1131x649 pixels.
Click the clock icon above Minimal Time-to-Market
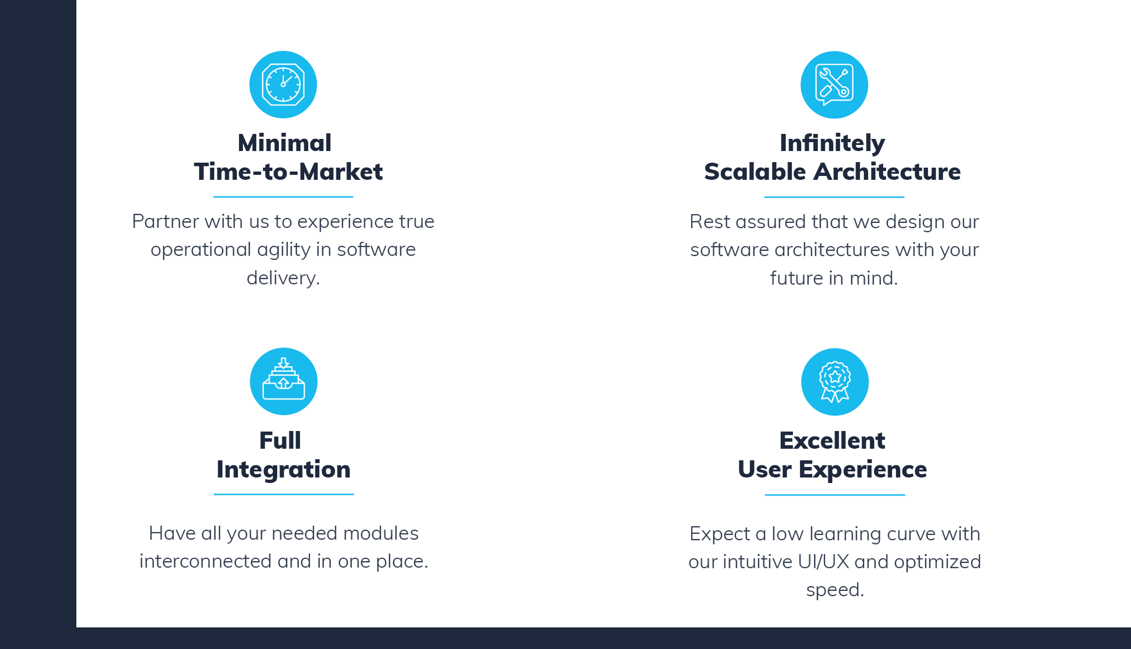point(283,85)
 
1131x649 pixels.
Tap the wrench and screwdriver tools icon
point(834,85)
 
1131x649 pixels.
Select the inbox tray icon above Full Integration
point(284,381)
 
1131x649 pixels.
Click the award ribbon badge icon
point(835,382)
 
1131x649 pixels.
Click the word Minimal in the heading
point(284,143)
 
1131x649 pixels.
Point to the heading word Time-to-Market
point(288,172)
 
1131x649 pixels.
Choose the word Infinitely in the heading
point(832,144)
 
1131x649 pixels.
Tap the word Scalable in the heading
point(755,172)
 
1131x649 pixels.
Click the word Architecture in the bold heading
point(887,172)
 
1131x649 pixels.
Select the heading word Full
point(280,440)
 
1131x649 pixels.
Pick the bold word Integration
point(283,470)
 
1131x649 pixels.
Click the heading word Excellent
point(832,440)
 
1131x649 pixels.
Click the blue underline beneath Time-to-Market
point(283,196)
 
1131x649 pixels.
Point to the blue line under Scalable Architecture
point(834,197)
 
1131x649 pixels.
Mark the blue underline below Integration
point(284,494)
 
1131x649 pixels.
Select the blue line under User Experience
point(835,495)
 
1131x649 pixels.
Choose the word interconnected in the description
point(205,561)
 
